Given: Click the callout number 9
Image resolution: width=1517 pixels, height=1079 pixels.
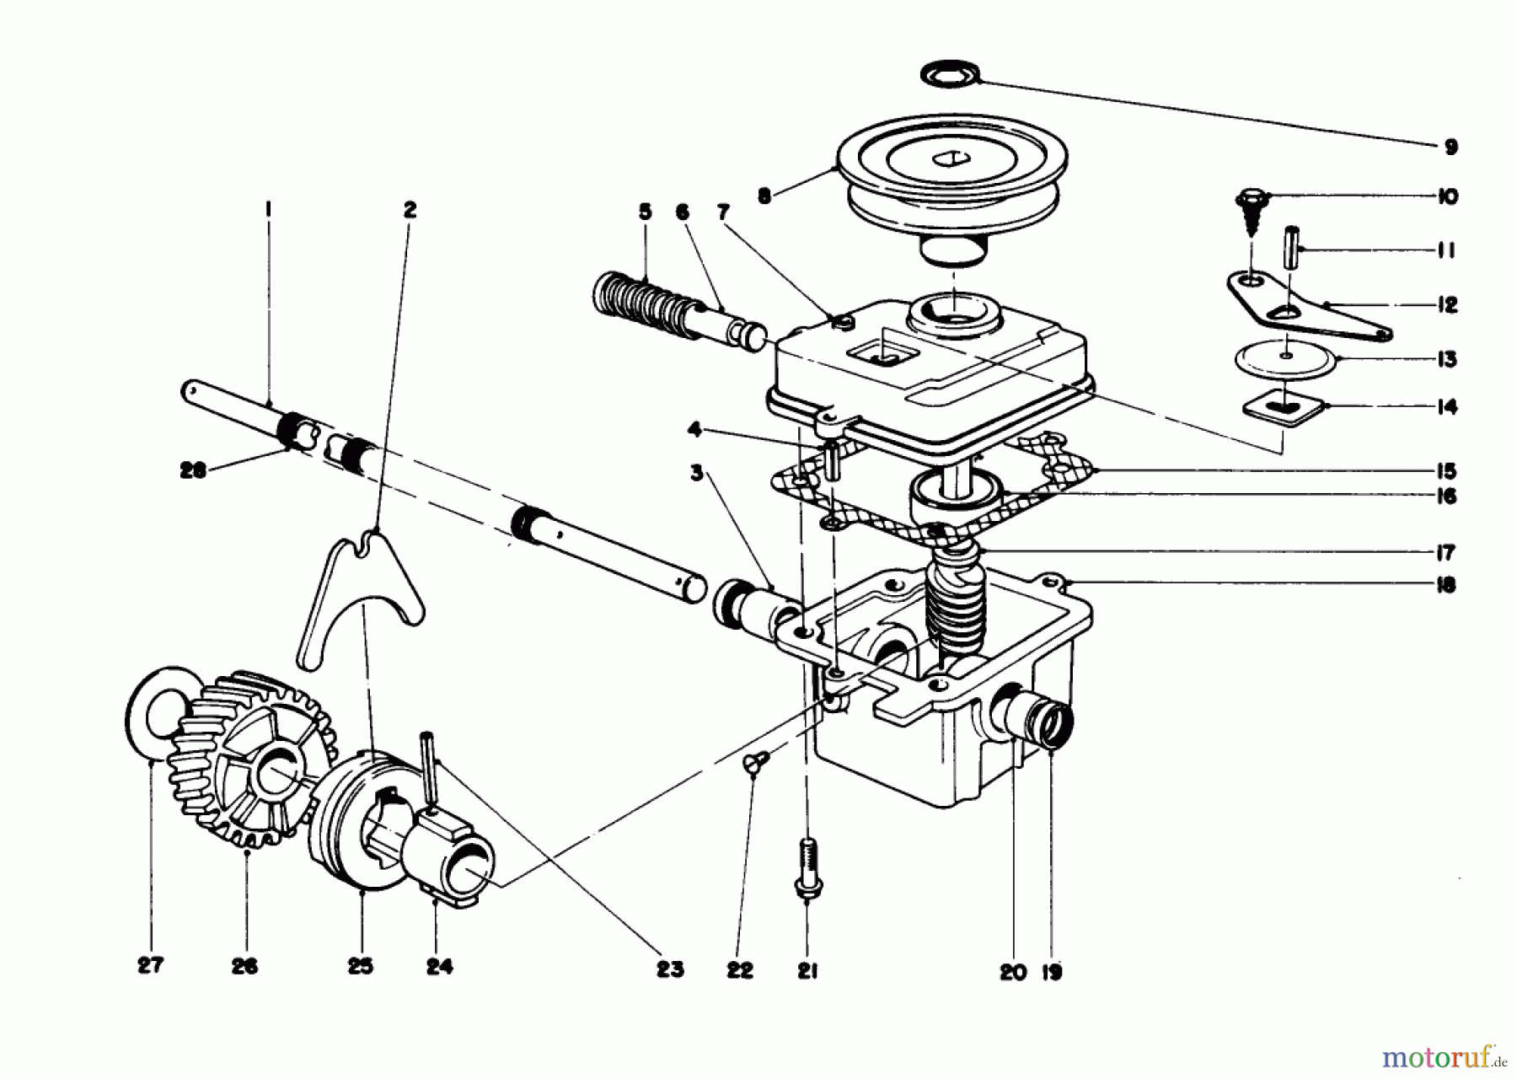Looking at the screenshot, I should [x=1450, y=148].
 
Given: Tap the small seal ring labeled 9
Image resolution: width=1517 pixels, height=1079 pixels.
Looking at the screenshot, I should [x=951, y=74].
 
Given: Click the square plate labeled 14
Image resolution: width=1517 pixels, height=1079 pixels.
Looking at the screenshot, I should [x=1281, y=409].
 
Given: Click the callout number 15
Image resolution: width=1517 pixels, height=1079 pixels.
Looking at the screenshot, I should [x=1447, y=471].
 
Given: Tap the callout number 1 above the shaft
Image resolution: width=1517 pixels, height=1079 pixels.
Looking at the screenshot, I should [x=268, y=207].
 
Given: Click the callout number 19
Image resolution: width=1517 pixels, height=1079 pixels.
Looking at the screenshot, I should [x=1051, y=972].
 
